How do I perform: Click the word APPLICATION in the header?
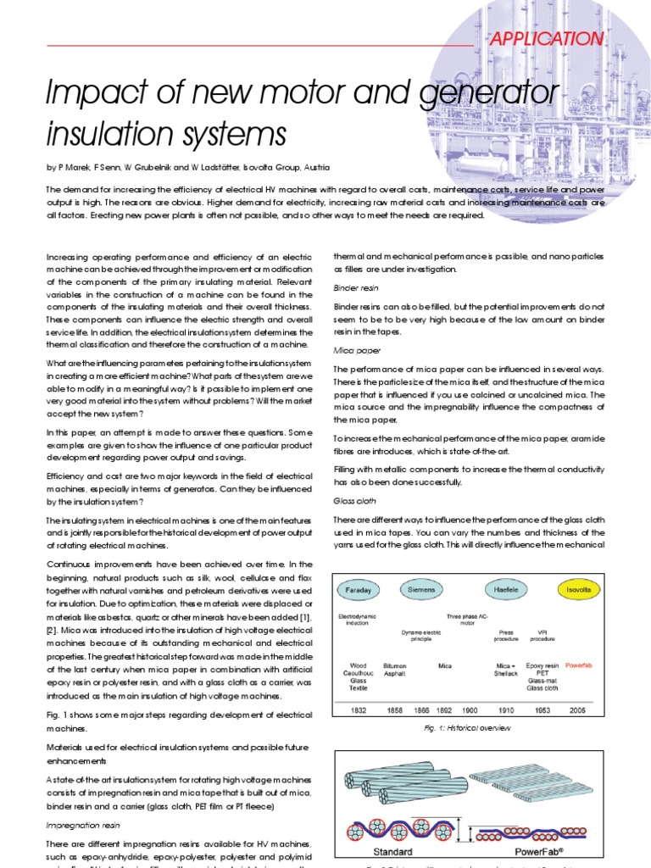pos(546,39)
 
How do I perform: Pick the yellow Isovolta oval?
pos(583,588)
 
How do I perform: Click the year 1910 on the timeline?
pos(506,709)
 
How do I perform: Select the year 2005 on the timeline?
pos(577,709)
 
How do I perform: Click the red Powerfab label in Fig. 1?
pos(578,665)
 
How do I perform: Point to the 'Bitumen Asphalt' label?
pos(395,670)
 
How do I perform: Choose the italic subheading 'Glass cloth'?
pos(355,501)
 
